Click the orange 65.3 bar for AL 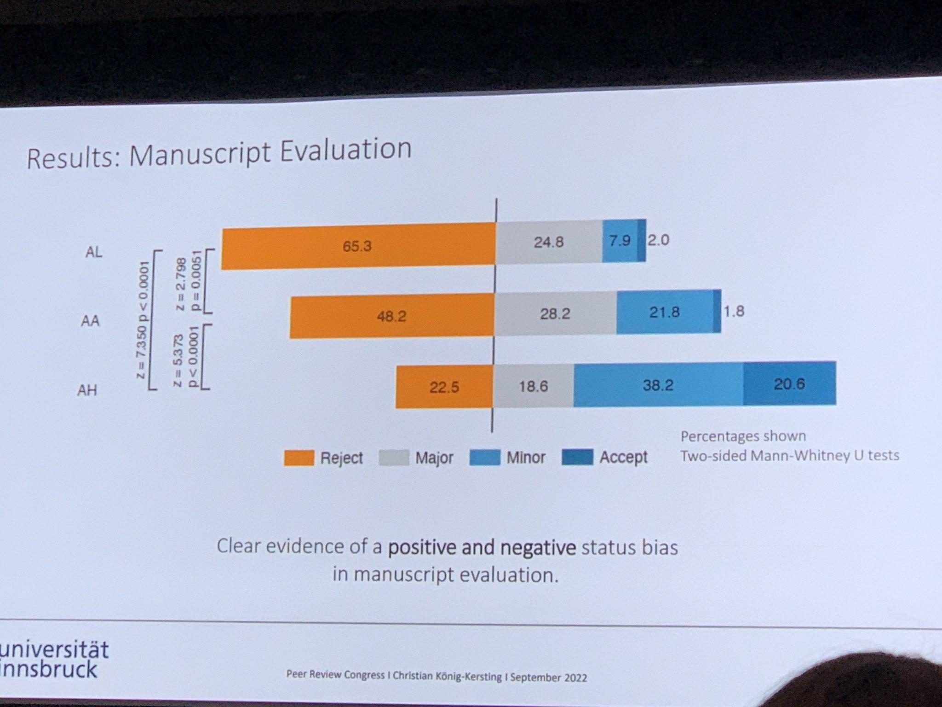[x=358, y=246]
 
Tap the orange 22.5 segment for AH [x=444, y=387]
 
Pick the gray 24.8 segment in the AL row [x=549, y=242]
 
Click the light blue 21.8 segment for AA [x=665, y=313]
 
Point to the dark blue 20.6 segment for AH [x=789, y=384]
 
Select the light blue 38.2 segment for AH [x=658, y=385]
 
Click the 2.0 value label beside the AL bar [x=658, y=240]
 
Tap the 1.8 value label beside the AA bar [x=734, y=312]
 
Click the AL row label [x=94, y=252]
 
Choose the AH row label [x=87, y=391]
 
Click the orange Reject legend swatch [x=299, y=458]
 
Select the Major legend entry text [x=434, y=458]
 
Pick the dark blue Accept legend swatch [x=577, y=458]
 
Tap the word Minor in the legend [x=526, y=458]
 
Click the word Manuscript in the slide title [x=200, y=155]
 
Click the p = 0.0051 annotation [x=196, y=281]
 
